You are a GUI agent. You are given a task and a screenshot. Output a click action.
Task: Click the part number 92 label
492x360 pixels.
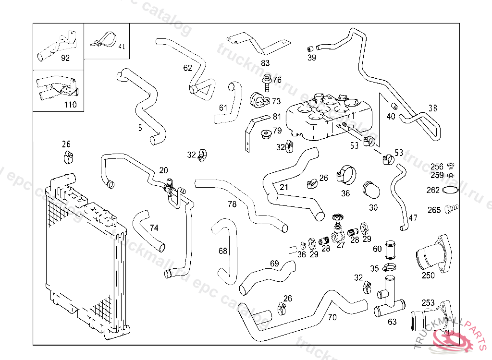click(65, 58)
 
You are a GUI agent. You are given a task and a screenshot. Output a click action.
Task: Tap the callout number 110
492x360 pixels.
click(70, 104)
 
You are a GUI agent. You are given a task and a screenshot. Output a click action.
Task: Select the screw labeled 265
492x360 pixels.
click(451, 209)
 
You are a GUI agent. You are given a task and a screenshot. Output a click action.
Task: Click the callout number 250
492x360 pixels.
click(428, 275)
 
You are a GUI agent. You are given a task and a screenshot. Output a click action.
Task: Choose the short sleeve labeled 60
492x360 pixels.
click(390, 249)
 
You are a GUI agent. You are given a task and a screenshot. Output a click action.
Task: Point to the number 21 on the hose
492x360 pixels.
click(284, 187)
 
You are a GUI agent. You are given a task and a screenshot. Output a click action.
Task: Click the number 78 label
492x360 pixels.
click(232, 204)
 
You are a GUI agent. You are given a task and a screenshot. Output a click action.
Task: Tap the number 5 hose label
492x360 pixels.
click(140, 128)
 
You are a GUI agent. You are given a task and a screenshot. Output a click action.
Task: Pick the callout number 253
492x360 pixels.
click(428, 303)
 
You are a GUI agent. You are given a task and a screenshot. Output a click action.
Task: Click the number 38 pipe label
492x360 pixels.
click(433, 108)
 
